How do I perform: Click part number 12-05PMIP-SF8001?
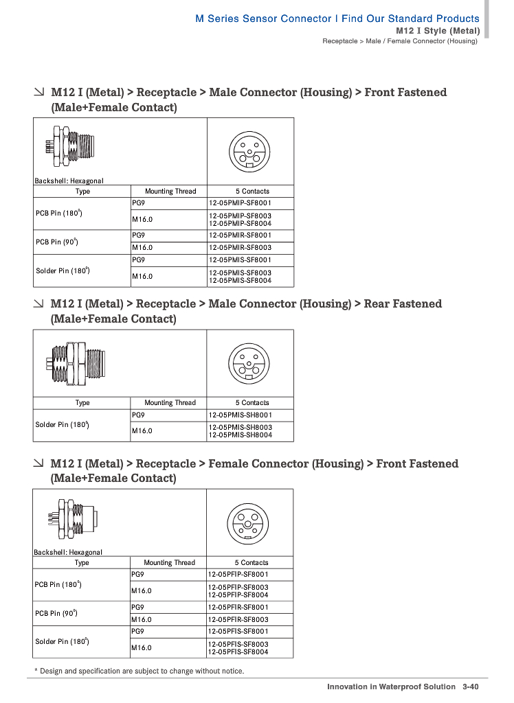pos(240,203)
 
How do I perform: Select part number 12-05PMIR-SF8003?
pos(240,247)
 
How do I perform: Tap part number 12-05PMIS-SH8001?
pos(240,415)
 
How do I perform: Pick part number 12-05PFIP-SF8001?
pos(238,574)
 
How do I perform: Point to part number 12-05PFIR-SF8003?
pos(238,619)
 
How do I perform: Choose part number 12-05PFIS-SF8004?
pos(238,652)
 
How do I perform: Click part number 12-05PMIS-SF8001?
pos(240,260)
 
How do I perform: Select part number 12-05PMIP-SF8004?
pos(240,223)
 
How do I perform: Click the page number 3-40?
pos(470,687)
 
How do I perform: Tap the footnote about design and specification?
pos(139,671)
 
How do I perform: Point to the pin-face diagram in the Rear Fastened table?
pos(249,362)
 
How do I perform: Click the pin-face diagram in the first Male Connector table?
pos(250,151)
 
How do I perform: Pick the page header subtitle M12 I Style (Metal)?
pos(438,31)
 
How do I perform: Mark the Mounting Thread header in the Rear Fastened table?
pos(170,403)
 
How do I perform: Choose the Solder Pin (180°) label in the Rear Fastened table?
pos(62,425)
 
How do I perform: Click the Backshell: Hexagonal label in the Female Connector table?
pos(68,552)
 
